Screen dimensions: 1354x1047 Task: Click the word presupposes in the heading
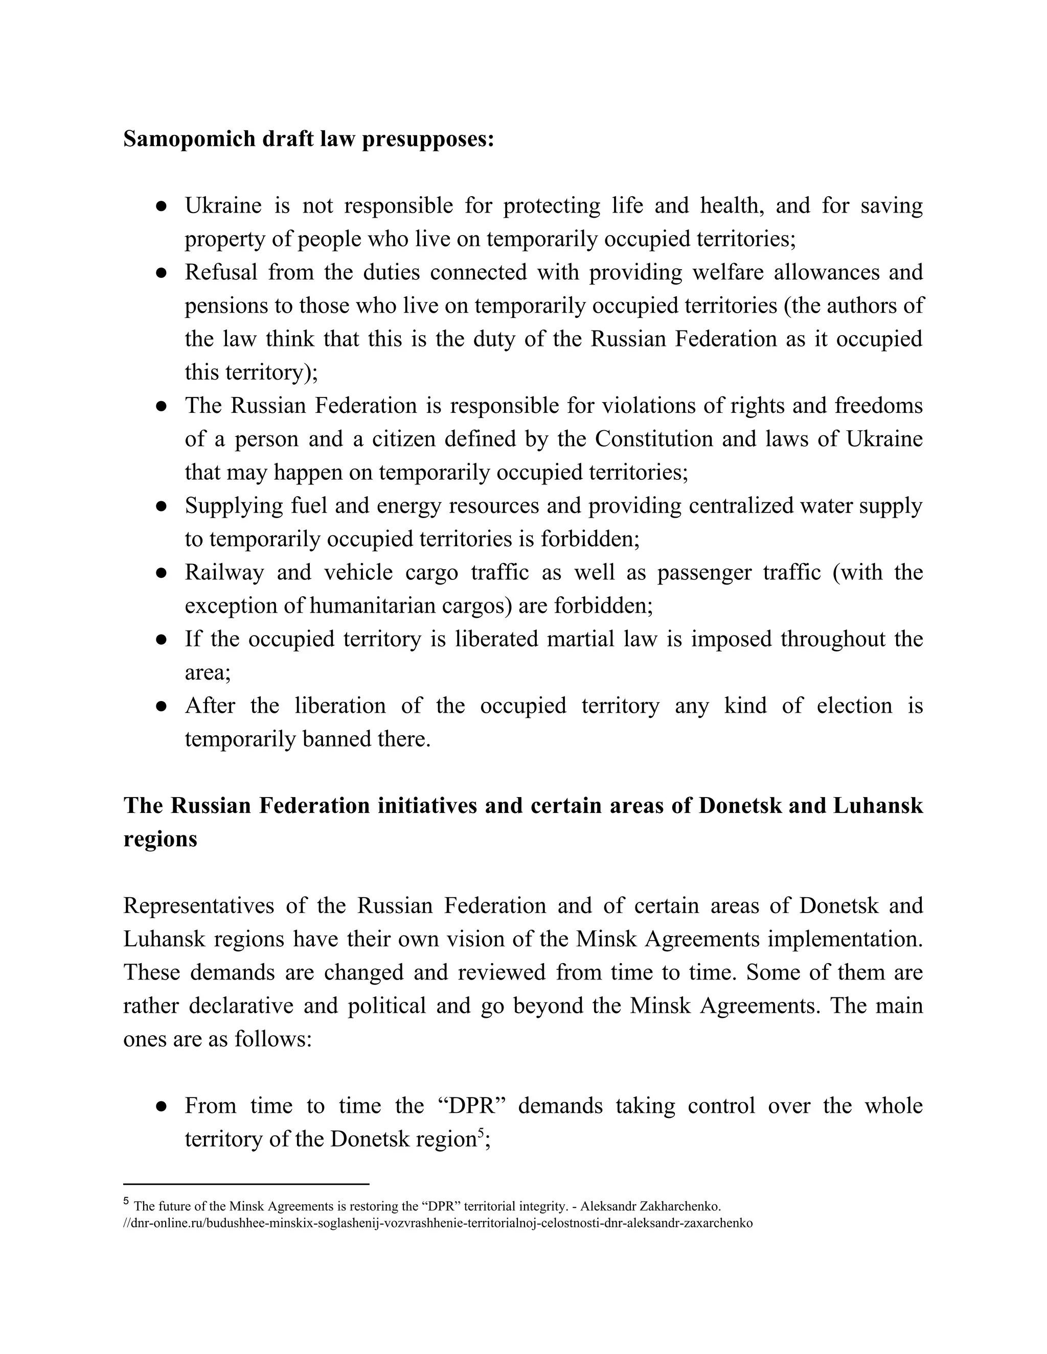tap(427, 139)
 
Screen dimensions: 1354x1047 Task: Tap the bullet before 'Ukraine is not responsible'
tap(161, 206)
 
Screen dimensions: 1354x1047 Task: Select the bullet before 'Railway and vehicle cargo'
tap(161, 573)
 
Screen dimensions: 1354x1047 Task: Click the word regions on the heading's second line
tap(160, 839)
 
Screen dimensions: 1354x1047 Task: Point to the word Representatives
tap(198, 906)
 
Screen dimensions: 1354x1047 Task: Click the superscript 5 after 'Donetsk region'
tap(480, 1132)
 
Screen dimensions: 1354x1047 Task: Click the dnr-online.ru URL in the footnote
tap(437, 1223)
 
